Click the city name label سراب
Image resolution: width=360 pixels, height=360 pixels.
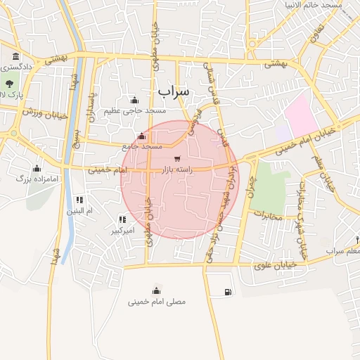174,91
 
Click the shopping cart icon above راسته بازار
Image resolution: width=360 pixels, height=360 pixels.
177,158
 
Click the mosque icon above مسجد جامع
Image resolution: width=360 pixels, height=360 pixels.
142,136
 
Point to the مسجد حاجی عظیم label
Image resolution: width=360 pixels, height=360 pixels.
135,110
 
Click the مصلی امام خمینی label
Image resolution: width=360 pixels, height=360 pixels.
157,302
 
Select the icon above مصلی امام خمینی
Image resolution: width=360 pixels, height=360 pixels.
156,290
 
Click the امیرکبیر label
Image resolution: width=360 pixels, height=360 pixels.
124,230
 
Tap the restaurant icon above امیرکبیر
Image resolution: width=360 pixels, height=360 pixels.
124,219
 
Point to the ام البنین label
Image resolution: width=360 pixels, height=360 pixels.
79,210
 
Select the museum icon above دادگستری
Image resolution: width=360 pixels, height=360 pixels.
15,56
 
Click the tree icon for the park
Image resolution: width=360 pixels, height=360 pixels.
8,84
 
